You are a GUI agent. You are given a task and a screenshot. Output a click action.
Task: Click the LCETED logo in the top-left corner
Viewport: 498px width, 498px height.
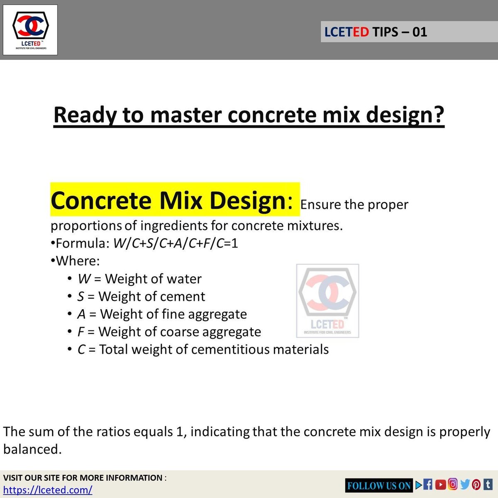tap(30, 29)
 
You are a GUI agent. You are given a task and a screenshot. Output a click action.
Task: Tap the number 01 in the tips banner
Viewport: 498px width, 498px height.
tap(420, 32)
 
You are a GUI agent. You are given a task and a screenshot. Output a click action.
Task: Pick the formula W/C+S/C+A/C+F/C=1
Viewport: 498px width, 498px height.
tap(176, 243)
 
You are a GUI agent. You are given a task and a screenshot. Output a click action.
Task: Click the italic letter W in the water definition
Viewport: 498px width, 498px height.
tap(84, 279)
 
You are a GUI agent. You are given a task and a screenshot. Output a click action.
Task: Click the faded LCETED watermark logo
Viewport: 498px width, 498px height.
tap(327, 300)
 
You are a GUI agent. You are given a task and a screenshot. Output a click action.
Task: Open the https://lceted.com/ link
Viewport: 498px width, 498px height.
tap(48, 490)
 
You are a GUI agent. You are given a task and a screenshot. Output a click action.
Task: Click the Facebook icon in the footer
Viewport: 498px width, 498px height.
tap(428, 484)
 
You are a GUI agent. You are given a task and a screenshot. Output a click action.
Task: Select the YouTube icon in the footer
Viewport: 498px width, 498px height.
tap(441, 484)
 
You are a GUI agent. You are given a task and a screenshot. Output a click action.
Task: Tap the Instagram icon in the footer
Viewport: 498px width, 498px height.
tap(453, 484)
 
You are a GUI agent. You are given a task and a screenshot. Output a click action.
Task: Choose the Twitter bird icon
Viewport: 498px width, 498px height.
tap(465, 484)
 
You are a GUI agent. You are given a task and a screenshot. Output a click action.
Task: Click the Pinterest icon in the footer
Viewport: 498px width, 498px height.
tap(476, 484)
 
